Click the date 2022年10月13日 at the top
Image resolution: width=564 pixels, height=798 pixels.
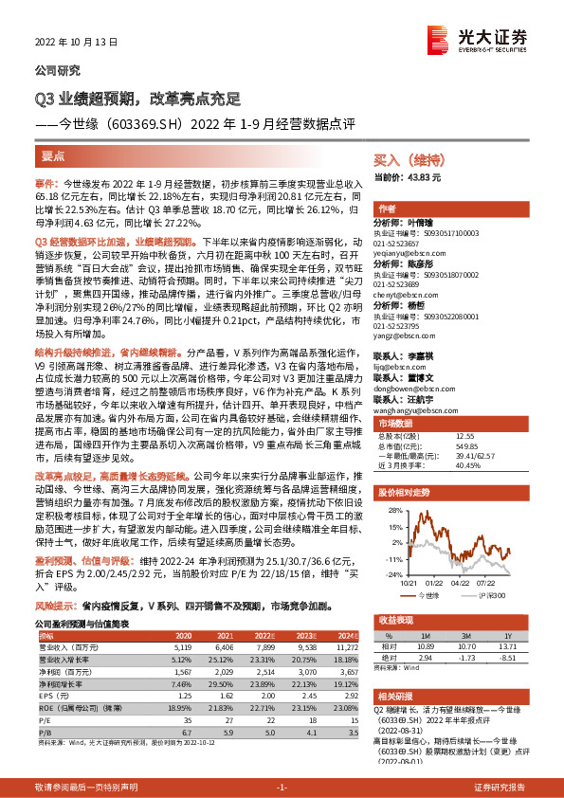pos(67,43)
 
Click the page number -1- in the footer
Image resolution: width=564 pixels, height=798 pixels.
pos(281,788)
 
